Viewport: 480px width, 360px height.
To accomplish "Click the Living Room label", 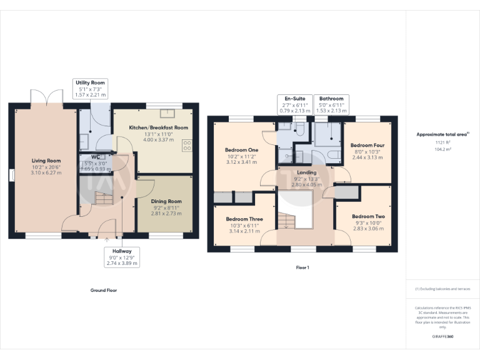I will [46, 161].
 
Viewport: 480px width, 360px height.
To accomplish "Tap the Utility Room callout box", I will [91, 88].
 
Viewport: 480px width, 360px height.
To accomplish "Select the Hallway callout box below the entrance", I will [122, 256].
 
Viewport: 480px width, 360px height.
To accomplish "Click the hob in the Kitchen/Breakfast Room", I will [187, 145].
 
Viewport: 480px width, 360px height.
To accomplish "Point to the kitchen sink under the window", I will [167, 113].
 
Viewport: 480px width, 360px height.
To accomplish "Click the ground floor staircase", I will [101, 200].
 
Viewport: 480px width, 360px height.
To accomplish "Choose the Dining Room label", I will [166, 201].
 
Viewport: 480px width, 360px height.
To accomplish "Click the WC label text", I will [96, 157].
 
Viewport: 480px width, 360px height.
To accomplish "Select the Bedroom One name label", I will [241, 150].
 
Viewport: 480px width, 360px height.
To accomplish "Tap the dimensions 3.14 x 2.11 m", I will [244, 230].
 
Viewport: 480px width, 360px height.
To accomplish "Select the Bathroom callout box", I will [331, 104].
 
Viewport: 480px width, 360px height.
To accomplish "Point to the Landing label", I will [306, 172].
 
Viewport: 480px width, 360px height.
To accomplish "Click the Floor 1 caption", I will [302, 267].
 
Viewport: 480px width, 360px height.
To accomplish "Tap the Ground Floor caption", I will [104, 290].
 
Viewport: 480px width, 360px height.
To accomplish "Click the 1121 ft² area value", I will [442, 142].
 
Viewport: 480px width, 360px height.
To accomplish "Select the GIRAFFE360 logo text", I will [442, 337].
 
